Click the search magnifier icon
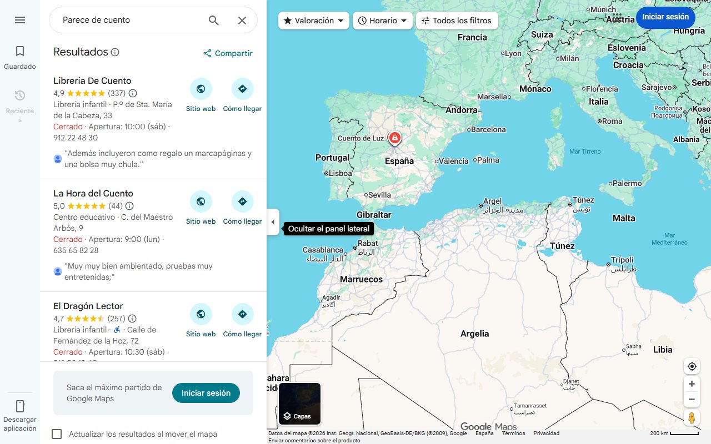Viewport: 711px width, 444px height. (x=214, y=21)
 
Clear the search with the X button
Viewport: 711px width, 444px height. (x=242, y=21)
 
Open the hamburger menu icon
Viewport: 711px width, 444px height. (x=20, y=20)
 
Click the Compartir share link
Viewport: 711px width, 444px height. (x=228, y=53)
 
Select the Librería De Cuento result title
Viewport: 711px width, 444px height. (x=92, y=81)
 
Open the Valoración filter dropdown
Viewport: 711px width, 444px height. (x=314, y=21)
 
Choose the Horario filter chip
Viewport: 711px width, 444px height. (x=383, y=21)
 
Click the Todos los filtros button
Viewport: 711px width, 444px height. (x=457, y=21)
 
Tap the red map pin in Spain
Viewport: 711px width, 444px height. (x=394, y=138)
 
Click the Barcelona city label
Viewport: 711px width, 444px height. (x=488, y=129)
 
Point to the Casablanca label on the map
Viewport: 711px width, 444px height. (x=323, y=250)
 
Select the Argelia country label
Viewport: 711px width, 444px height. (x=474, y=334)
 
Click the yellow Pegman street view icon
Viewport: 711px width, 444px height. (x=692, y=417)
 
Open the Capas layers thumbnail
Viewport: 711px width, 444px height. (x=300, y=403)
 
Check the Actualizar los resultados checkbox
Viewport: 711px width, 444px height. (x=57, y=434)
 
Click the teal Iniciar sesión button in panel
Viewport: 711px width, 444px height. (x=206, y=393)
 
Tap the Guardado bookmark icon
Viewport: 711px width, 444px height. (x=20, y=52)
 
